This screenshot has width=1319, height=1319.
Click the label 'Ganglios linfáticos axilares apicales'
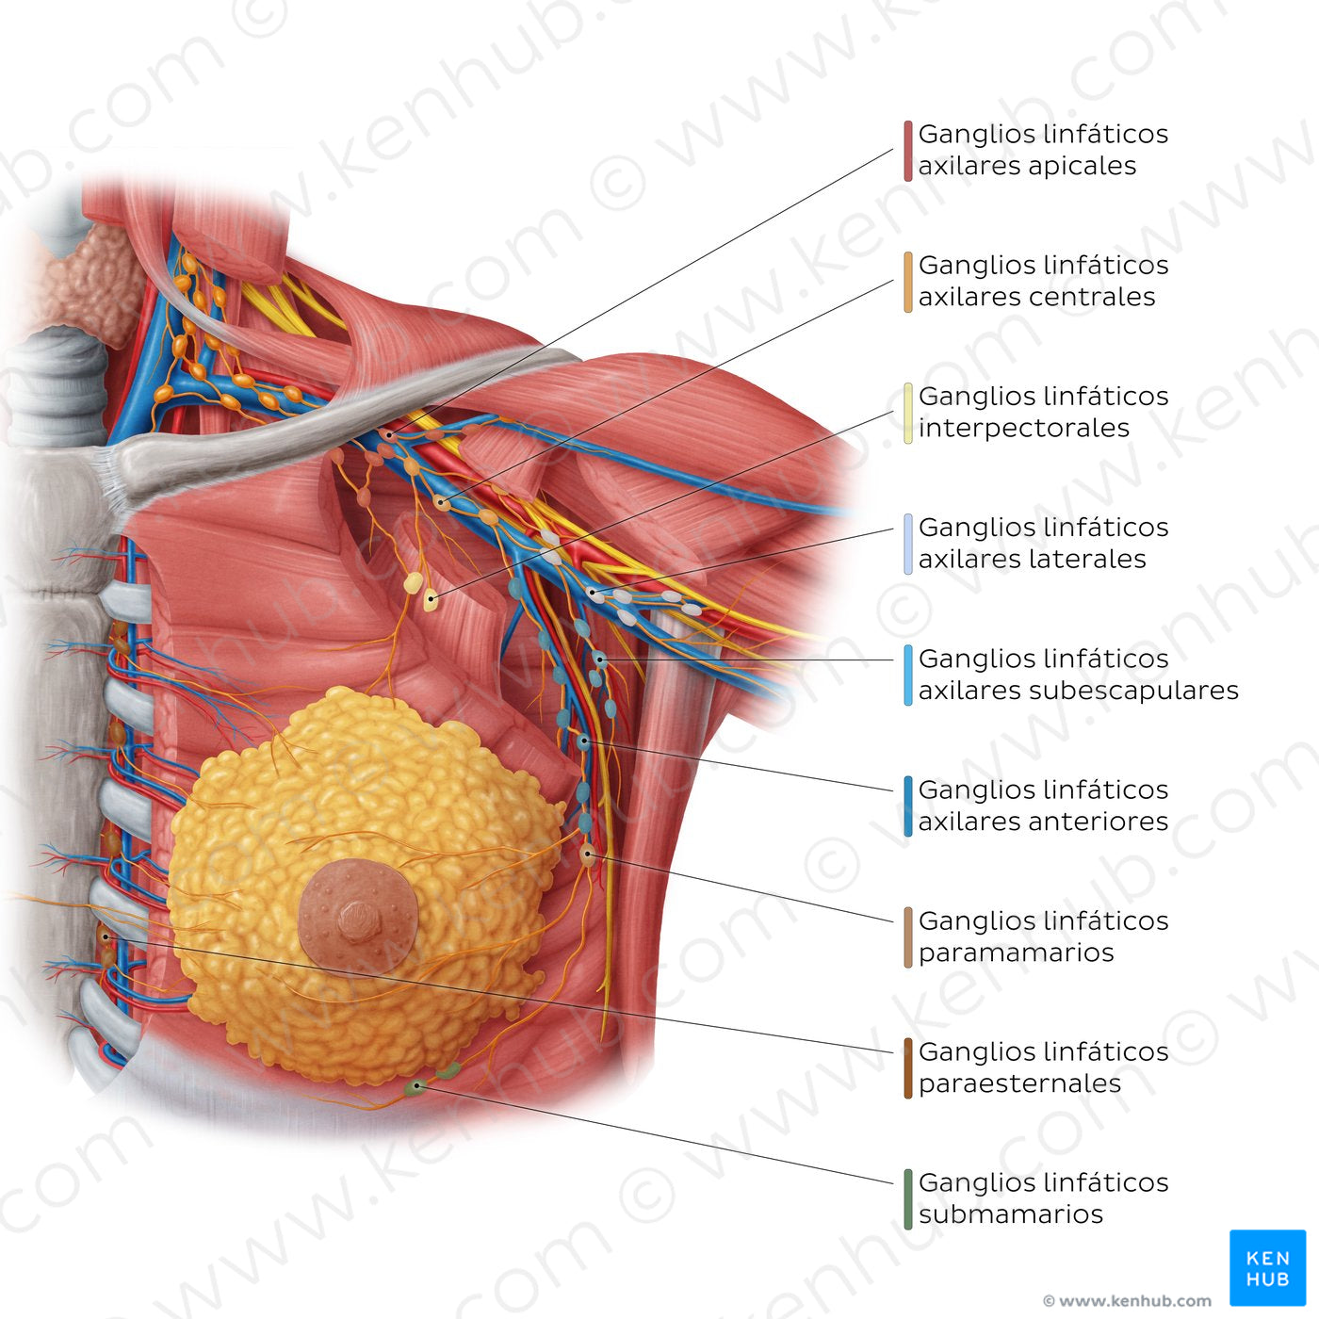click(1042, 150)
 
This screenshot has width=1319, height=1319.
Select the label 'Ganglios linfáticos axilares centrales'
click(1042, 281)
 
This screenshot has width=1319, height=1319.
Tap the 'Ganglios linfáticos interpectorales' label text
click(1042, 412)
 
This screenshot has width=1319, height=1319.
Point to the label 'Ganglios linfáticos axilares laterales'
click(1042, 544)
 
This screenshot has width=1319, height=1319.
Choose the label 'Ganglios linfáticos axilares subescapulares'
click(1078, 675)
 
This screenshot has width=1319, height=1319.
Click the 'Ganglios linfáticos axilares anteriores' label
click(1042, 806)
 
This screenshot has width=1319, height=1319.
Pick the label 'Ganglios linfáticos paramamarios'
click(1042, 937)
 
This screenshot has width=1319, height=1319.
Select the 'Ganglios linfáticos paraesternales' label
click(1042, 1067)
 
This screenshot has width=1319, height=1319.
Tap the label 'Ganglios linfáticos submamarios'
click(1042, 1199)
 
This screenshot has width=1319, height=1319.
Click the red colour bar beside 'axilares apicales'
click(907, 151)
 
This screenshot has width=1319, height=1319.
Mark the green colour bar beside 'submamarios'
click(907, 1200)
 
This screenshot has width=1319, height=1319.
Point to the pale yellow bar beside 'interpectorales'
click(907, 413)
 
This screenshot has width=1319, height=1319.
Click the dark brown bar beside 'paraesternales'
click(907, 1068)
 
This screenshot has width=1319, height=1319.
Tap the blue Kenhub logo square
click(1268, 1268)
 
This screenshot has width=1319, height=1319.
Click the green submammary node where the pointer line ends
click(415, 1086)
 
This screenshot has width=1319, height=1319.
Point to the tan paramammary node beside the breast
click(587, 854)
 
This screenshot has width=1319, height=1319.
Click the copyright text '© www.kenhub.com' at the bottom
click(1127, 1300)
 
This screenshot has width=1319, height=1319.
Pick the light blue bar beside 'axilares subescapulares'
click(907, 675)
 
